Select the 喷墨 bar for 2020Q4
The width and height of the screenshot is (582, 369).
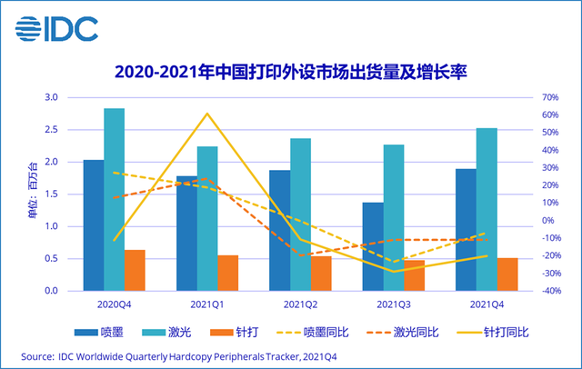click(x=94, y=225)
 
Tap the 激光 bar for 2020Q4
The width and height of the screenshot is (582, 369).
click(x=115, y=200)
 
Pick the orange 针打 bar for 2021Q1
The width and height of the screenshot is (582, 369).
click(x=227, y=273)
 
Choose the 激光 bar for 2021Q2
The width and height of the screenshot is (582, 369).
click(x=300, y=214)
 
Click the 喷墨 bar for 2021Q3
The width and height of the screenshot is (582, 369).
click(x=373, y=246)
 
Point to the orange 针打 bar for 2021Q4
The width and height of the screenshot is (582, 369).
click(x=507, y=274)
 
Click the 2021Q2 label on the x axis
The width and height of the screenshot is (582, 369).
click(x=300, y=304)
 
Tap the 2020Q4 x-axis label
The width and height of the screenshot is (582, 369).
click(x=115, y=304)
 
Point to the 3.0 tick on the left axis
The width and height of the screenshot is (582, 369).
click(x=52, y=97)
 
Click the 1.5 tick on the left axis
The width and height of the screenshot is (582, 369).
click(x=52, y=194)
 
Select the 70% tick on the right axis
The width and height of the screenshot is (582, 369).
click(x=525, y=97)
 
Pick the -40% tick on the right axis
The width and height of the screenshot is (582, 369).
click(x=526, y=291)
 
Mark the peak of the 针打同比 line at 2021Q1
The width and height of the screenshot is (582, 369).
click(x=207, y=114)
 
